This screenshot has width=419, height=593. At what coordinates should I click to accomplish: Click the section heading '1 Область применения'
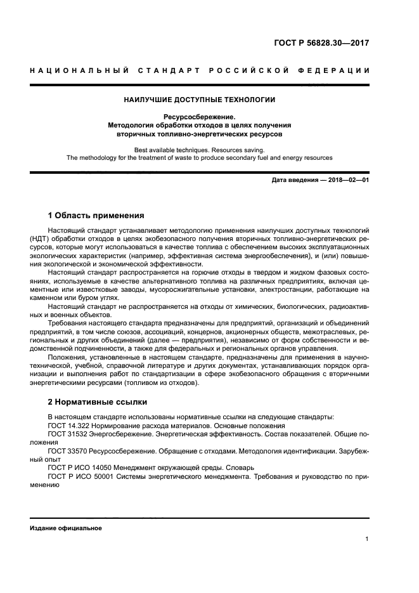point(96,215)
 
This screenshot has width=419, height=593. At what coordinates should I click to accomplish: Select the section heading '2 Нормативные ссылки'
point(96,402)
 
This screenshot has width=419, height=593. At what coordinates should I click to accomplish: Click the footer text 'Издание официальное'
point(65,528)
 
